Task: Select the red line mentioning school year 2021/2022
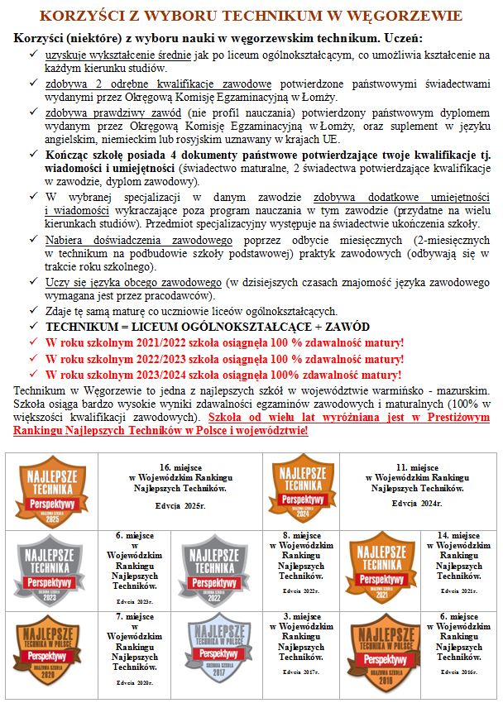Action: pos(224,342)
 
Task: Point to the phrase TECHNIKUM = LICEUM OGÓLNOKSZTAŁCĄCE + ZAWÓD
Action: pos(208,327)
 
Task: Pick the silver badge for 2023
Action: pos(51,568)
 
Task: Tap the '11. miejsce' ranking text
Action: pos(418,467)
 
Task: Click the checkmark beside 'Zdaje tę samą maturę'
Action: pos(31,312)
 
